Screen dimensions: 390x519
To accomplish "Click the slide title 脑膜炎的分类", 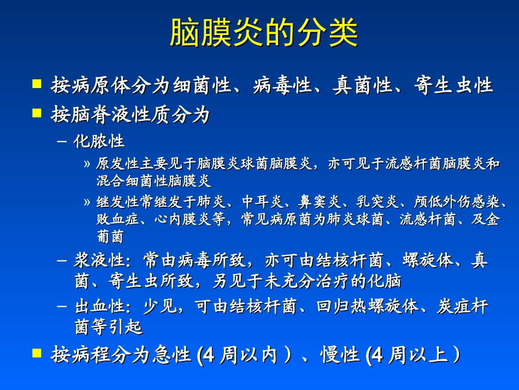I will tap(264, 33).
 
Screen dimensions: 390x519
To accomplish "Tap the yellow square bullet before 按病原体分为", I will tap(37, 84).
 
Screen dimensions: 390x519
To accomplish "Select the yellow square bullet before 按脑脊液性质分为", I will tap(37, 113).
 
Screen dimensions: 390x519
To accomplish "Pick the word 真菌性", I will tap(363, 85).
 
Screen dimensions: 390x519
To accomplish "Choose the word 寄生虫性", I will tap(453, 85).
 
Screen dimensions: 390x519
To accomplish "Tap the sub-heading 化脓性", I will tap(99, 142).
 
